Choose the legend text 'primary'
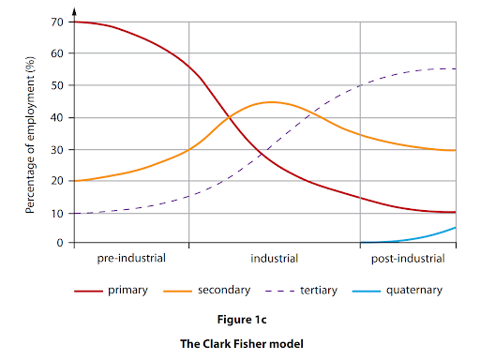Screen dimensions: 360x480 click(128, 291)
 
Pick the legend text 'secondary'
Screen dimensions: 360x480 click(222, 291)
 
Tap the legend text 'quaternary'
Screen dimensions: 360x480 click(415, 291)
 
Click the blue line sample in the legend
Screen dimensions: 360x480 click(367, 291)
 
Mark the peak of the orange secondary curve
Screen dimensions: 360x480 click(271, 101)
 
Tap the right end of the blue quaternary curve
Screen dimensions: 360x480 click(456, 228)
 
